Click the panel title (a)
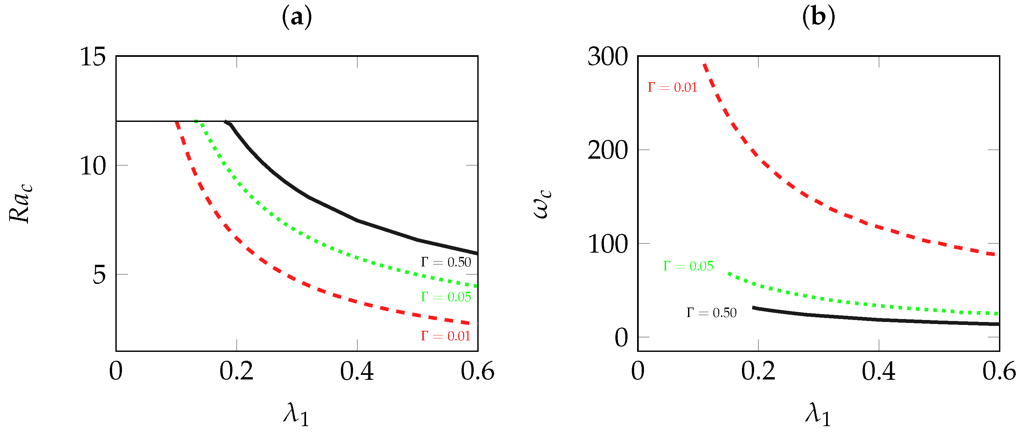pos(297,17)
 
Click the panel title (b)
pos(819,17)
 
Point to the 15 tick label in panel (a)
pos(93,57)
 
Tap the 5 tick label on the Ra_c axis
pos(99,275)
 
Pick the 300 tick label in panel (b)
pos(607,57)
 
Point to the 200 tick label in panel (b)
pos(607,150)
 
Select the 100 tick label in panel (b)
pos(607,244)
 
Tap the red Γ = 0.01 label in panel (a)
pos(446,336)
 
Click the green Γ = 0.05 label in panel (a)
pos(446,297)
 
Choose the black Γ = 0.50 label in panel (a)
pos(446,262)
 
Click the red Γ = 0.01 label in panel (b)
pos(672,87)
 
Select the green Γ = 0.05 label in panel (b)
pos(688,266)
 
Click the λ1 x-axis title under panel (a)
pos(297,414)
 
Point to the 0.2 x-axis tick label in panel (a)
pos(236,372)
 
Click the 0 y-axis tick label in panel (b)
pos(621,337)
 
